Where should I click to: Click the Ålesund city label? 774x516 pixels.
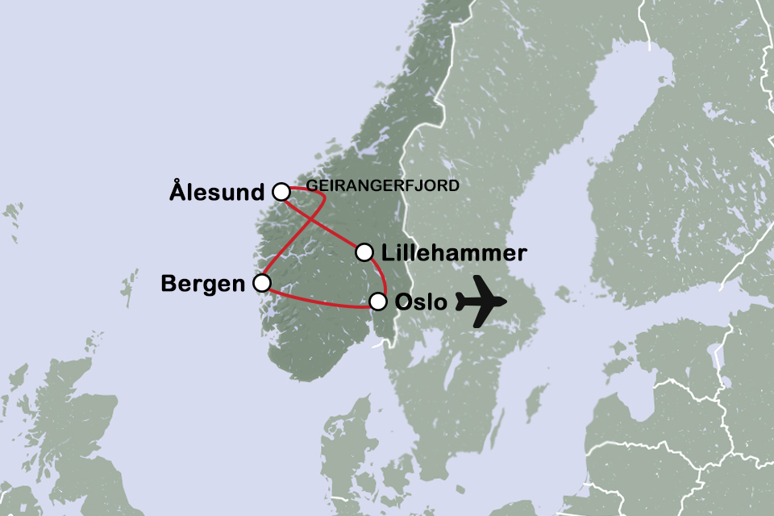217,193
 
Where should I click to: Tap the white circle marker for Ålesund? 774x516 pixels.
281,192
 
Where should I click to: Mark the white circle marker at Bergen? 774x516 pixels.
261,283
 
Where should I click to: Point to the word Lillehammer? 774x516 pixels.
455,253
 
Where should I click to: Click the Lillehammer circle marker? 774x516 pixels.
364,252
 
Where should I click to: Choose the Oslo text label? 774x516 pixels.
420,303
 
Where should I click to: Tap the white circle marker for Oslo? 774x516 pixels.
378,302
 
